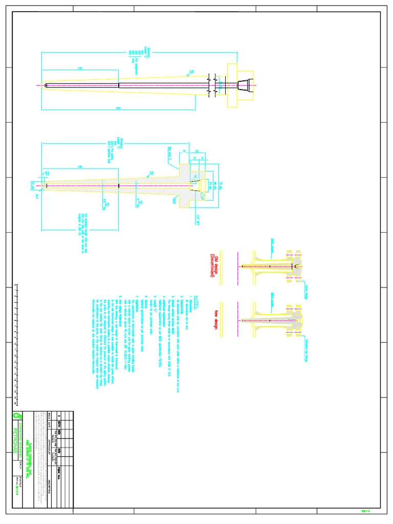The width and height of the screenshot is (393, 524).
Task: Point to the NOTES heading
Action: tap(193, 297)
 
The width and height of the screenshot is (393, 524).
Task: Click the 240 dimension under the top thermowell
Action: tap(118, 108)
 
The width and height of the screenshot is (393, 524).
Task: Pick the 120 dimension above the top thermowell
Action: tap(80, 68)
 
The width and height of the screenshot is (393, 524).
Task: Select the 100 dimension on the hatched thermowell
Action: tap(80, 167)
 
